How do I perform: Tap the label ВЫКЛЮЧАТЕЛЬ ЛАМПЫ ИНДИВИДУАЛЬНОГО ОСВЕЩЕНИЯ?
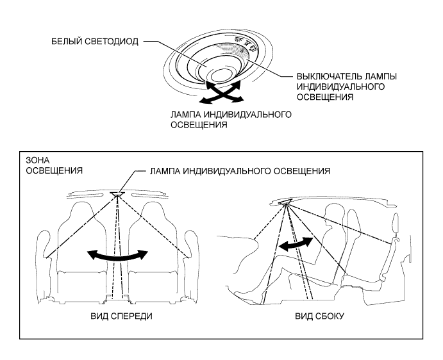pyautogui.click(x=337, y=86)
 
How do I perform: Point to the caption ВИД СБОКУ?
pyautogui.click(x=315, y=316)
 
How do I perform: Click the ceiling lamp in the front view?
pyautogui.click(x=117, y=195)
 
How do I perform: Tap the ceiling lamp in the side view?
pyautogui.click(x=285, y=202)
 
